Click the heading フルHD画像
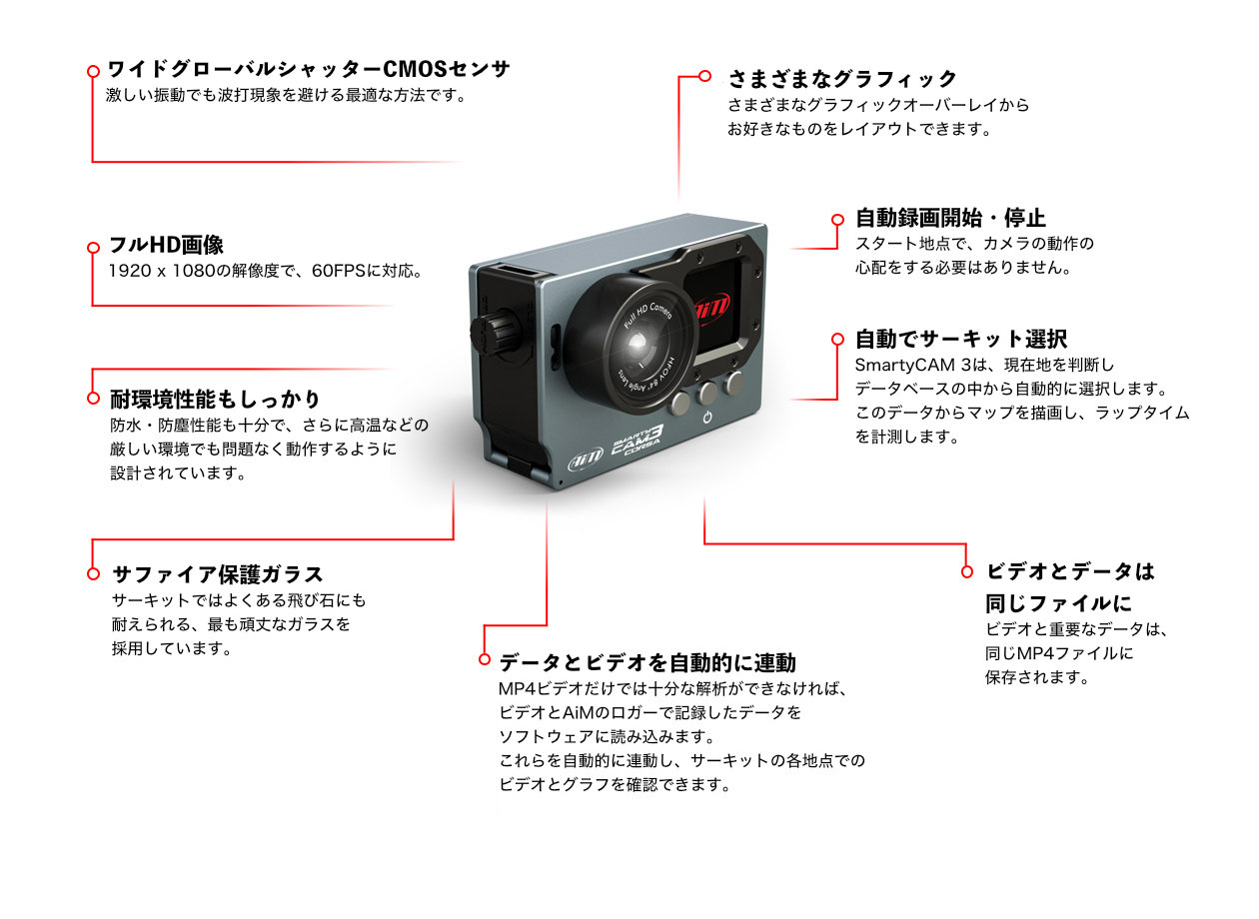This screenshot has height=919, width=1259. (166, 245)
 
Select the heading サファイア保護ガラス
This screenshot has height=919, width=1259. (218, 574)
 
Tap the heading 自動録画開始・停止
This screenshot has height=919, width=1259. (950, 218)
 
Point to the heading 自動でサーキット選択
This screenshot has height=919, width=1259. (961, 339)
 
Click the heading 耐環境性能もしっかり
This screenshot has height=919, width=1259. (215, 399)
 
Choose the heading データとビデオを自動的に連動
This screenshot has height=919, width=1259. (647, 663)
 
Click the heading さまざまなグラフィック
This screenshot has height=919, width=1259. (842, 79)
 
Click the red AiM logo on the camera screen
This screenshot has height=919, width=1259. (711, 309)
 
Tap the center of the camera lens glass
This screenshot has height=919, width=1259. (637, 342)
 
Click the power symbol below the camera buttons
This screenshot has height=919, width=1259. (707, 418)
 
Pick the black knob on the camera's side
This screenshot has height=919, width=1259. (493, 334)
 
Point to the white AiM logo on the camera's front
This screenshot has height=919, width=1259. (586, 460)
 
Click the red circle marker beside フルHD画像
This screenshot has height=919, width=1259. (93, 248)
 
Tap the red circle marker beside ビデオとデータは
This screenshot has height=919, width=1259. (967, 571)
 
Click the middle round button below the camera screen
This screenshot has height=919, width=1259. (707, 393)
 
